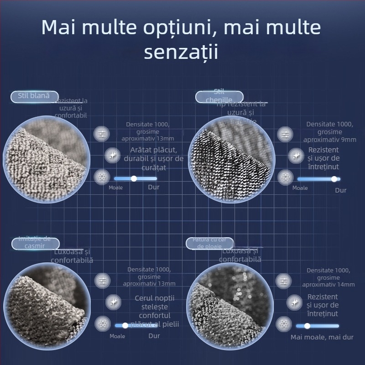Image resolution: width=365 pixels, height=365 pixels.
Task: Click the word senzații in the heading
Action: pos(181,52)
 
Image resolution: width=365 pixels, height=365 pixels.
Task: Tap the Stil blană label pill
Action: pos(35,96)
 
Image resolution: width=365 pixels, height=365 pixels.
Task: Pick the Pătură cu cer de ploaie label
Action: pos(209,243)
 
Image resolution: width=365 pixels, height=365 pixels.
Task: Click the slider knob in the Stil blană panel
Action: pos(134,178)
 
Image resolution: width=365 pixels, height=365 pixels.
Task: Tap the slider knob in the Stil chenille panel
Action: pos(334,179)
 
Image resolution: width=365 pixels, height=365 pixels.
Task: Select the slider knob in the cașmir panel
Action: pos(125,325)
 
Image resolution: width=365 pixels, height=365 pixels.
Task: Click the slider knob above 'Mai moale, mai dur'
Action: pos(307,326)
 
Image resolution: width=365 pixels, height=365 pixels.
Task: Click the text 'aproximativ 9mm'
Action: pos(330,140)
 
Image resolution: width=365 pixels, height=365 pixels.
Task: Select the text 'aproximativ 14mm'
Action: pos(328,284)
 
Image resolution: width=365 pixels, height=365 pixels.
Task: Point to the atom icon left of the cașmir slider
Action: pos(102,324)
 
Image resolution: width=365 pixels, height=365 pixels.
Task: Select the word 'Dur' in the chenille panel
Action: pos(341,190)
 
